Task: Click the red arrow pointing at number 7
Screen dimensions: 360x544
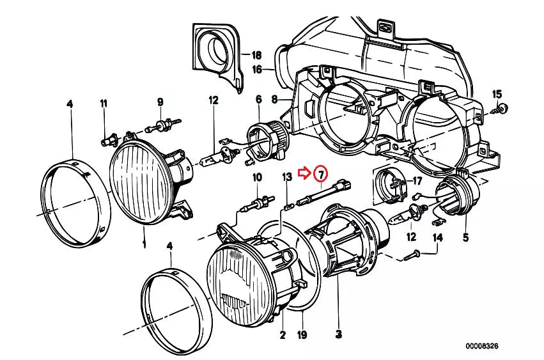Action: [x=307, y=172]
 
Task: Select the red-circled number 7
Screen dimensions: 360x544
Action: [x=321, y=173]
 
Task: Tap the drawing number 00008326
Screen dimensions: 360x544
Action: [x=481, y=346]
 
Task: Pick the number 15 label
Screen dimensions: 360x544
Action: [x=497, y=95]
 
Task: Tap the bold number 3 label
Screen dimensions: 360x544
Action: [x=338, y=334]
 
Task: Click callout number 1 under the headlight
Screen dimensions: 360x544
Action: [x=144, y=244]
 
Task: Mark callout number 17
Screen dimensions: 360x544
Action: [x=417, y=181]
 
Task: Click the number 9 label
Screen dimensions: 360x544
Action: [x=160, y=102]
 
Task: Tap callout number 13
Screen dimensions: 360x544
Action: [x=286, y=176]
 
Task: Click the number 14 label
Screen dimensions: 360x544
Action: [x=437, y=239]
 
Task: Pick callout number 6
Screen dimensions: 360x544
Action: [x=259, y=99]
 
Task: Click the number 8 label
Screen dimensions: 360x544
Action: [x=274, y=99]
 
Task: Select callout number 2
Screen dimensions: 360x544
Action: [x=282, y=334]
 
